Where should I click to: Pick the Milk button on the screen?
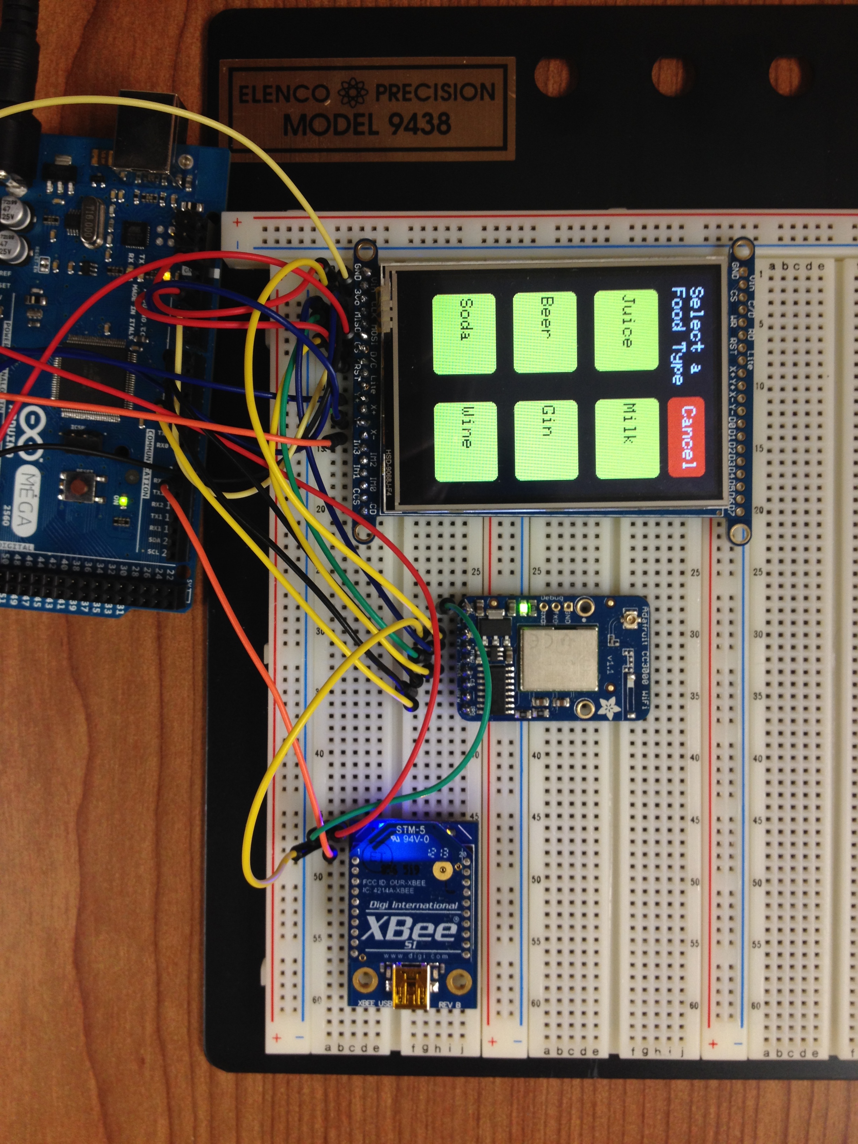tap(627, 438)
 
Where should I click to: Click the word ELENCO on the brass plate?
tap(284, 95)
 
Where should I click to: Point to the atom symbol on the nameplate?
tap(352, 93)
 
